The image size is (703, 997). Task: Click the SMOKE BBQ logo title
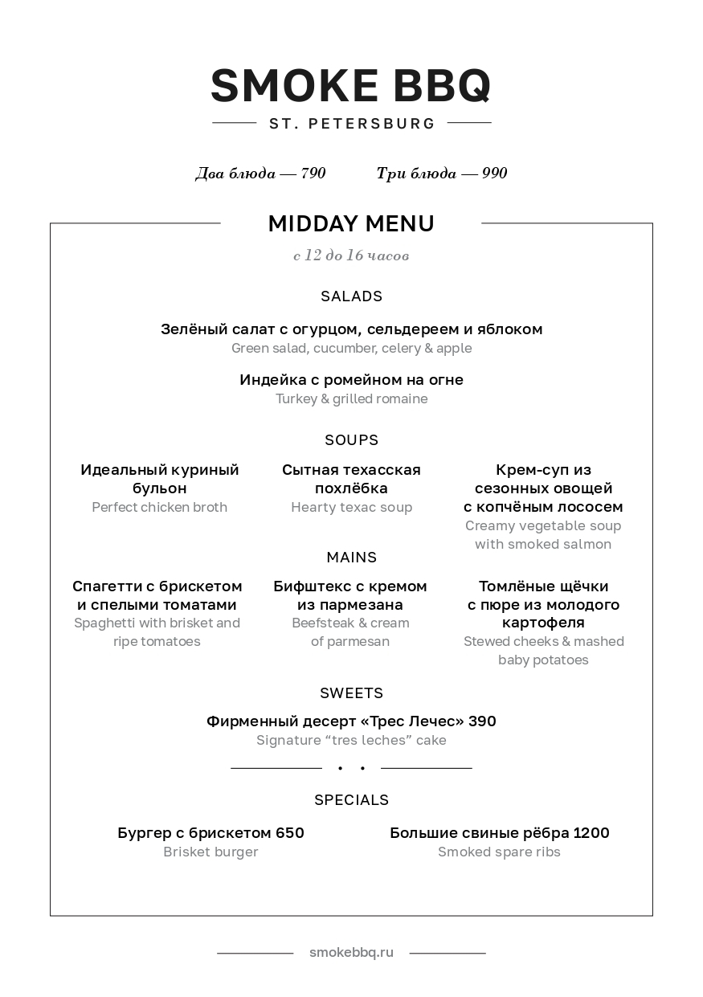pyautogui.click(x=351, y=86)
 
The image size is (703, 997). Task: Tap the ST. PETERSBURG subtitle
pyautogui.click(x=352, y=124)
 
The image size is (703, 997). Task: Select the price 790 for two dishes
pyautogui.click(x=313, y=174)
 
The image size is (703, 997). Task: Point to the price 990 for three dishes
pyautogui.click(x=495, y=174)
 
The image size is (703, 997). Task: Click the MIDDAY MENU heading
pyautogui.click(x=351, y=224)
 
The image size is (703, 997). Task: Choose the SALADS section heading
pyautogui.click(x=351, y=296)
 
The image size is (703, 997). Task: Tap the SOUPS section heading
pyautogui.click(x=351, y=440)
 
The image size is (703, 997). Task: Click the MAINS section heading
pyautogui.click(x=351, y=558)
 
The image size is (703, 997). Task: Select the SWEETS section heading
pyautogui.click(x=351, y=693)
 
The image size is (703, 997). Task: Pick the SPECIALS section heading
pyautogui.click(x=351, y=800)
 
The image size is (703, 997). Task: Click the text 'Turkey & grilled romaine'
pyautogui.click(x=351, y=399)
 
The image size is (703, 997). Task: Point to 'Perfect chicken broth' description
pyautogui.click(x=159, y=508)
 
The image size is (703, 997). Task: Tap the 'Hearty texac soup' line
pyautogui.click(x=351, y=508)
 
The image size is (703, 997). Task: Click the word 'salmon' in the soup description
pyautogui.click(x=587, y=545)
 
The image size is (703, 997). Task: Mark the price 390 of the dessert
pyautogui.click(x=482, y=721)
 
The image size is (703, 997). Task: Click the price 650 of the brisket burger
pyautogui.click(x=289, y=833)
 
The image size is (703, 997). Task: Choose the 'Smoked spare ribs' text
pyautogui.click(x=499, y=852)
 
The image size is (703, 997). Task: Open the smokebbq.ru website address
pyautogui.click(x=351, y=953)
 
